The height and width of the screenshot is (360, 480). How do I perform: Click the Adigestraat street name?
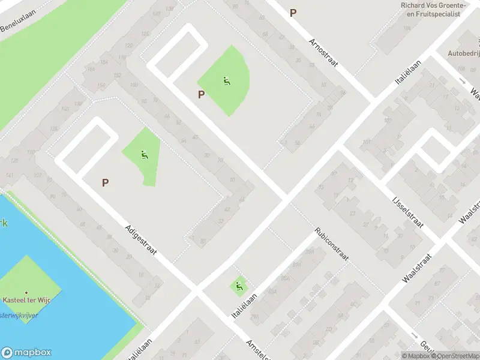coord(141,239)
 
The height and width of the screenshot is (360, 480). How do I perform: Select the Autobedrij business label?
coord(463,53)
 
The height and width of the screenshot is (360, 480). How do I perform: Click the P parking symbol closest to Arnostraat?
coord(293,13)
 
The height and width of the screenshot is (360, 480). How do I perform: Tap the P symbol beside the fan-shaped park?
coord(202,94)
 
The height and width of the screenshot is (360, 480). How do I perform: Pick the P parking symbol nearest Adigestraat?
coord(106,182)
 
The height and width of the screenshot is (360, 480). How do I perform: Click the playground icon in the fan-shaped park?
coord(226,81)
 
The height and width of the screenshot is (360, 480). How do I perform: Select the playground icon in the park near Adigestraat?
coord(143,155)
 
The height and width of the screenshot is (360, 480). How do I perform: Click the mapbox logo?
coord(26,353)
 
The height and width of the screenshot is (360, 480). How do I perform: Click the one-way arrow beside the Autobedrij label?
coord(461,81)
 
